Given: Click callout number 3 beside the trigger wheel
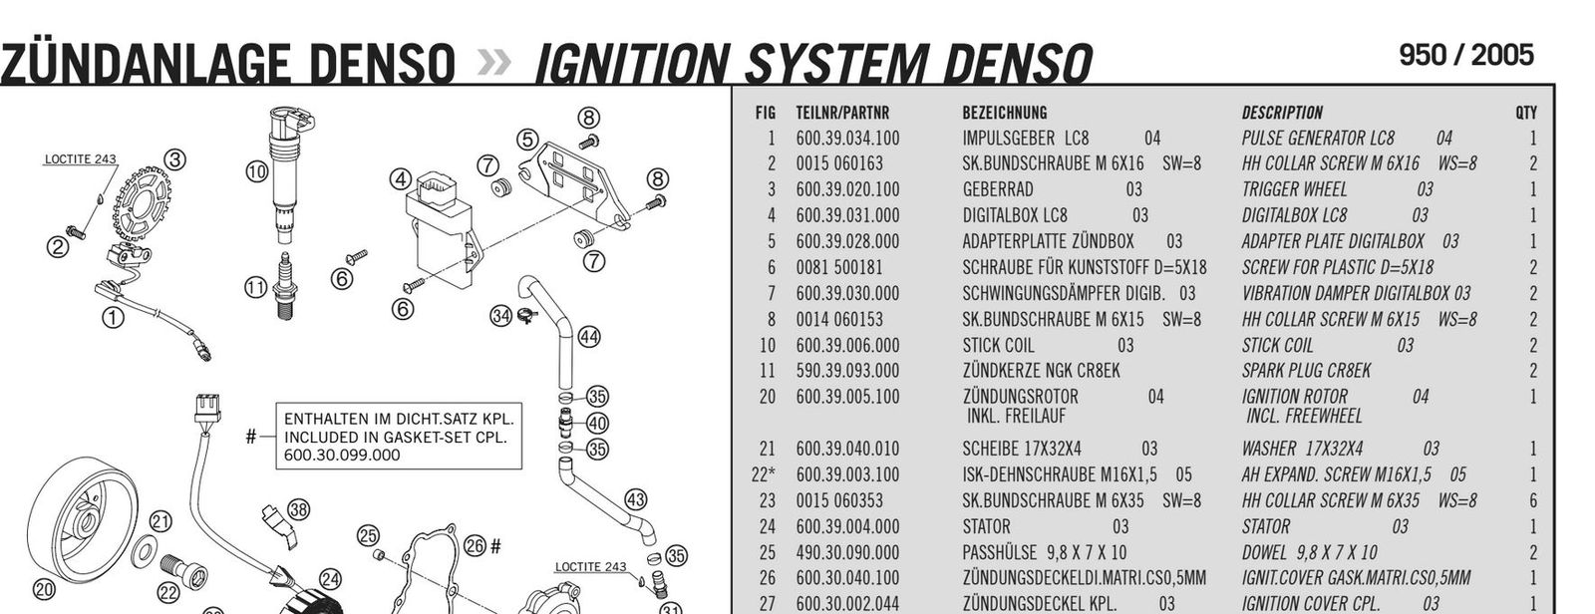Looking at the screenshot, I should [x=174, y=158].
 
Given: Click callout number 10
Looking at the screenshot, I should [x=256, y=170].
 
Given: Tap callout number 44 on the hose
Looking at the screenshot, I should [x=588, y=337].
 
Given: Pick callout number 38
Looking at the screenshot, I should [x=298, y=509].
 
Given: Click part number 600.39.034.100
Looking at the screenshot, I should [x=846, y=139].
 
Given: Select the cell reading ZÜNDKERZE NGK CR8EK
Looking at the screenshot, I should [x=1041, y=371].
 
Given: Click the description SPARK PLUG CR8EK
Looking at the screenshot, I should [x=1306, y=371].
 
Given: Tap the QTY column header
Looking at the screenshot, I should [x=1525, y=113].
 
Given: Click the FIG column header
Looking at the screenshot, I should [x=765, y=113].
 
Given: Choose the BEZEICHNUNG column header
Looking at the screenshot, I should [x=1004, y=113].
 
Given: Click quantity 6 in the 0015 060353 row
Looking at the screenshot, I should [x=1532, y=500].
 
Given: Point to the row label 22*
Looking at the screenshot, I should [x=763, y=475].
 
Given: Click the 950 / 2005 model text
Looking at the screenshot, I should [x=1465, y=56].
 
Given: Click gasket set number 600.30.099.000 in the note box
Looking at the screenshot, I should [x=342, y=456].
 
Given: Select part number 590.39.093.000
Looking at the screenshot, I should [x=846, y=371].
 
